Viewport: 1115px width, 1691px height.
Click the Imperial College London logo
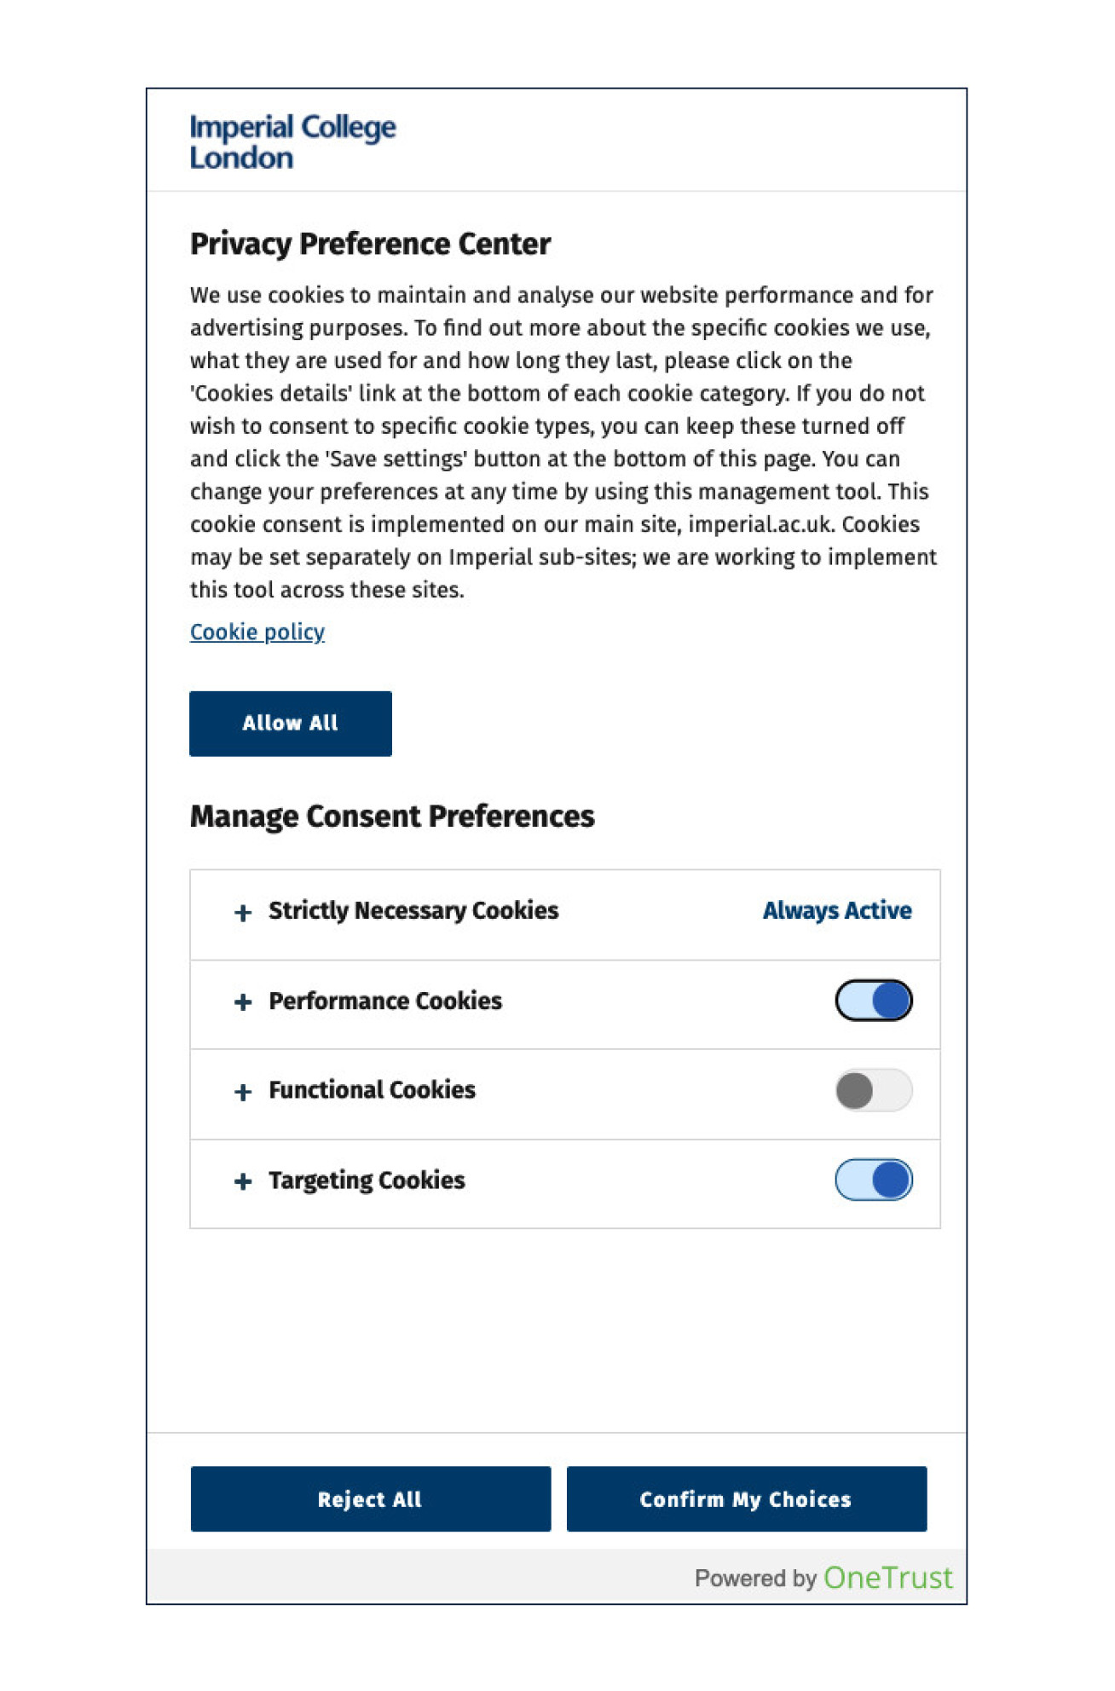click(292, 141)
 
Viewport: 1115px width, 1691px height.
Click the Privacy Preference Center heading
click(370, 244)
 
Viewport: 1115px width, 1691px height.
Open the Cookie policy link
click(257, 632)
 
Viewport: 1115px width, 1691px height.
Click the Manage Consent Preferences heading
click(392, 816)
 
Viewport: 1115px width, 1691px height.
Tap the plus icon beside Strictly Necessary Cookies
click(243, 913)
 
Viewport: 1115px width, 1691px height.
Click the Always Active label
click(836, 910)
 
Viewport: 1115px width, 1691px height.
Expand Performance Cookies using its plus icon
click(243, 1002)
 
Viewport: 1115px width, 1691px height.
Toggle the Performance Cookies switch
click(873, 1001)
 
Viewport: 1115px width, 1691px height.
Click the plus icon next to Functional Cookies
click(243, 1092)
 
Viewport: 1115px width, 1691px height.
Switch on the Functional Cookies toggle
click(873, 1090)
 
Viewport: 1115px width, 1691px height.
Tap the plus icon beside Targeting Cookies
click(243, 1181)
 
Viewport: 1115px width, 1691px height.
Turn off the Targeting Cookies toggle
click(873, 1180)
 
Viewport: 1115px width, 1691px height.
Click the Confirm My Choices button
click(746, 1499)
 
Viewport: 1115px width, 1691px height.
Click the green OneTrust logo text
click(887, 1578)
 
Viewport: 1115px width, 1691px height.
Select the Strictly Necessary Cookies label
click(413, 910)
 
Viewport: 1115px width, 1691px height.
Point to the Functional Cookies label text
click(372, 1090)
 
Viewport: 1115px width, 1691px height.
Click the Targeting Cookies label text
click(367, 1180)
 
